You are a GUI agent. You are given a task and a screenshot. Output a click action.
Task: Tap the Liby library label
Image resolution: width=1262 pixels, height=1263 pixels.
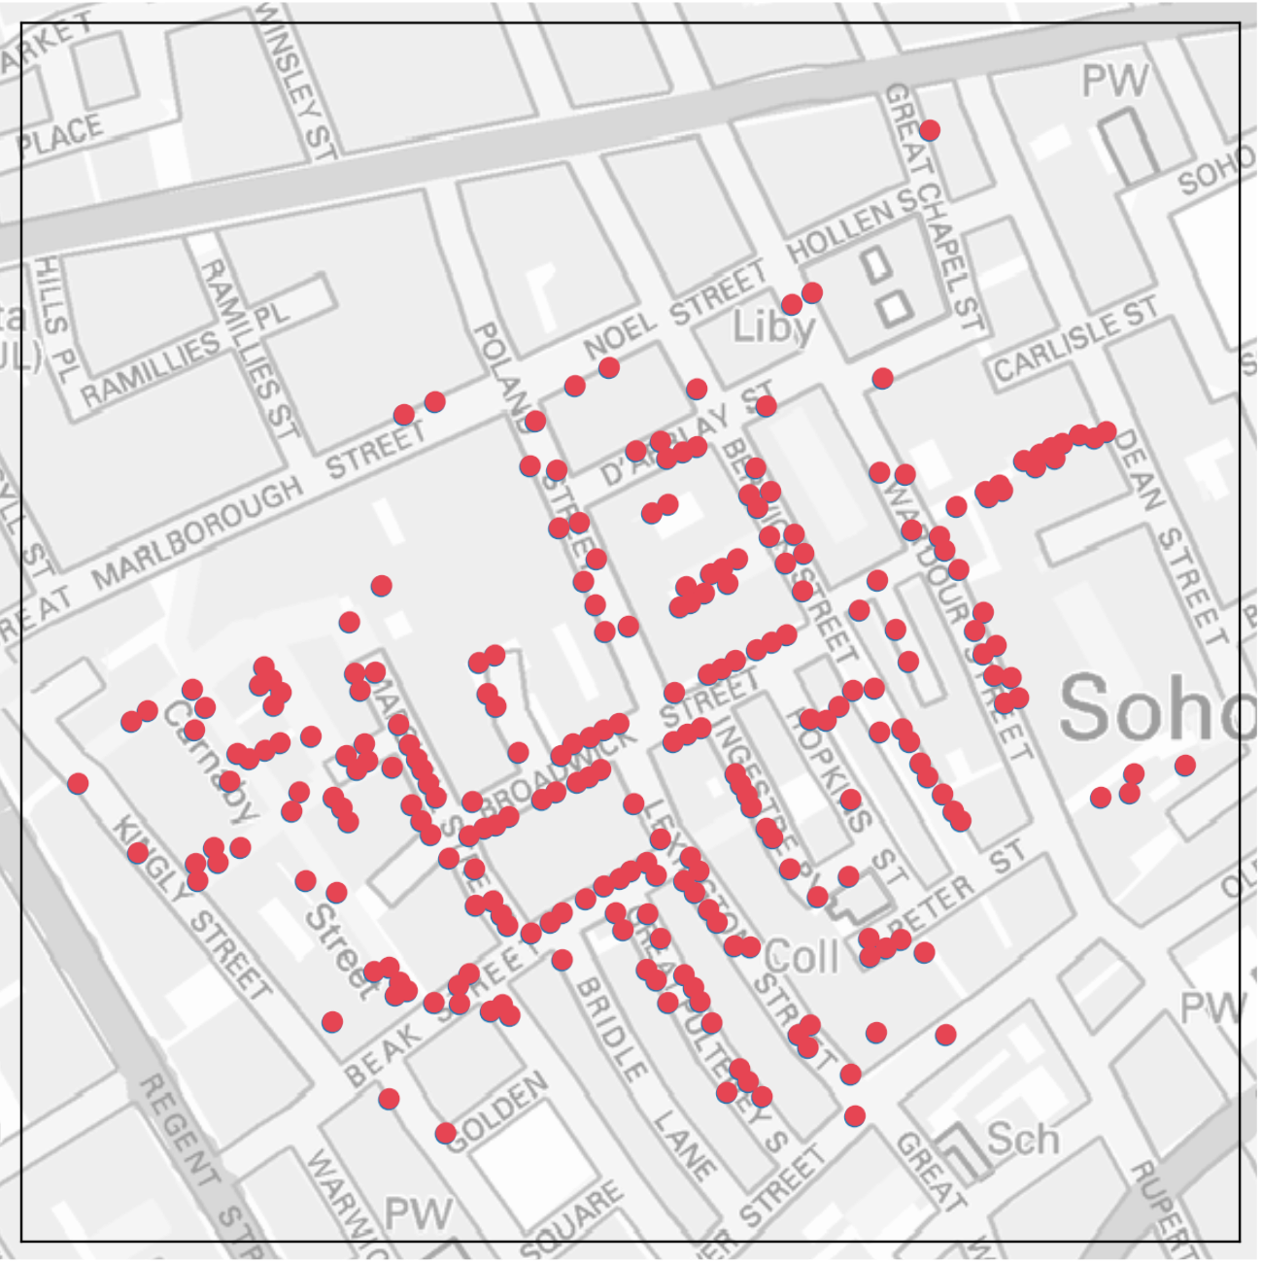coord(773,326)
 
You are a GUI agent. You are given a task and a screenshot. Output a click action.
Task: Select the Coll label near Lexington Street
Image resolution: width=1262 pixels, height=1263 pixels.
coord(802,957)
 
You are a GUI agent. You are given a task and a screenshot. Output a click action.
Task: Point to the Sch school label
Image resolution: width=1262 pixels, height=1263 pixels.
coord(1023,1138)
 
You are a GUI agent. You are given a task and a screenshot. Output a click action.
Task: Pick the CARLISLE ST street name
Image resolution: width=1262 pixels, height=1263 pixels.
coord(1075,340)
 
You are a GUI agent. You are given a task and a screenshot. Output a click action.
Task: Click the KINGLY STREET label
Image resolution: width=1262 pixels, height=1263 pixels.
coord(191,909)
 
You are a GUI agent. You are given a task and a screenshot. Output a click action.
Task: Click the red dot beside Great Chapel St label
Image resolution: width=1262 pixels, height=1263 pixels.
coord(930,130)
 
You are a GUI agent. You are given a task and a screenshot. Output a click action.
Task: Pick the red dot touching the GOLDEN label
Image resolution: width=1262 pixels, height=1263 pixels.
coord(446,1133)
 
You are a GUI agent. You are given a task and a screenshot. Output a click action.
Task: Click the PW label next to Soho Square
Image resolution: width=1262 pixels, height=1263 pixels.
coord(1115,80)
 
